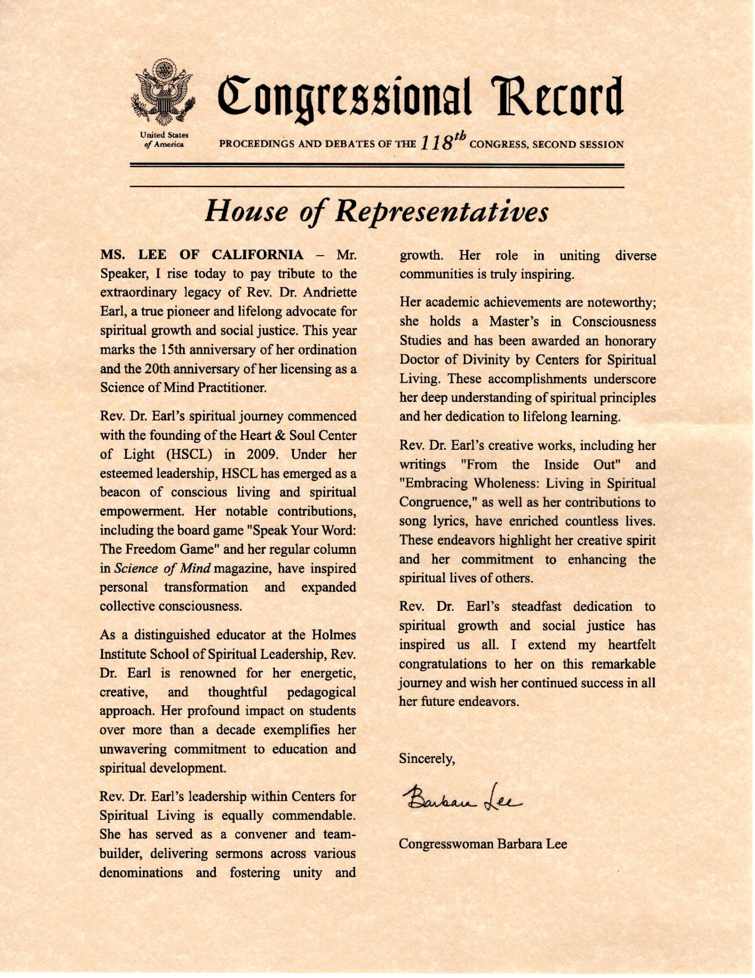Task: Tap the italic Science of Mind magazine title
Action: click(x=163, y=569)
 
